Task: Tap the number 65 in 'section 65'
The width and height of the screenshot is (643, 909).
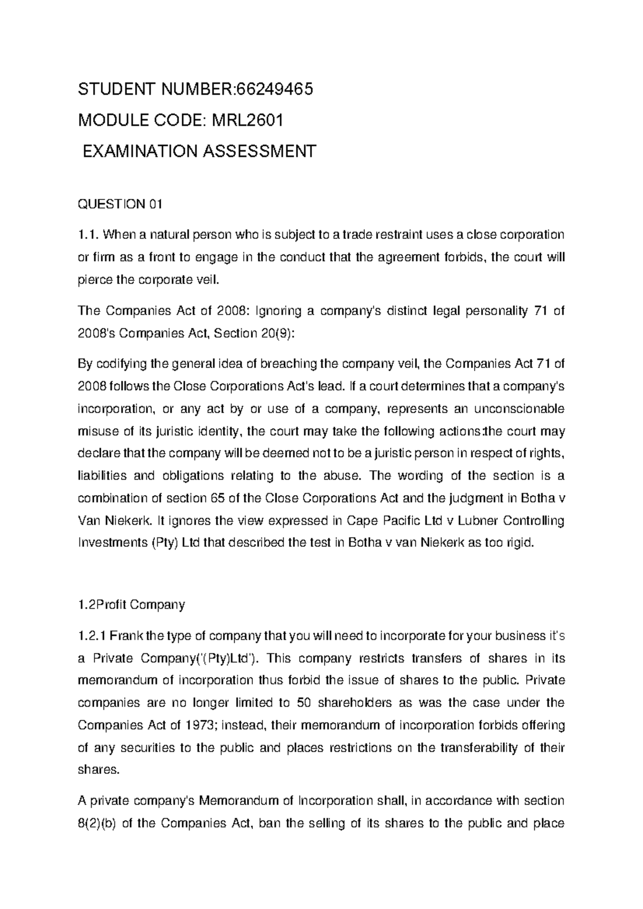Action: (213, 498)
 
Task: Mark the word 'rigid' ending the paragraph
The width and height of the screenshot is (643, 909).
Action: (522, 543)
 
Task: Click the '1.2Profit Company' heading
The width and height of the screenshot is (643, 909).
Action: (131, 605)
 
